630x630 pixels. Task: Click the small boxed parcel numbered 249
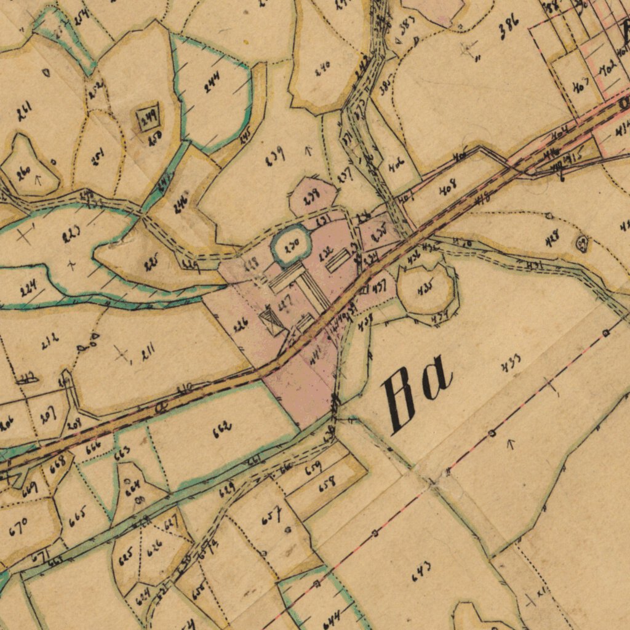coord(148,114)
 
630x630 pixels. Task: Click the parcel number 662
coord(222,429)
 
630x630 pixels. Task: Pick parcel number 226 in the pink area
coord(241,325)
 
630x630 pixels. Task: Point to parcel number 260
coord(24,173)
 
